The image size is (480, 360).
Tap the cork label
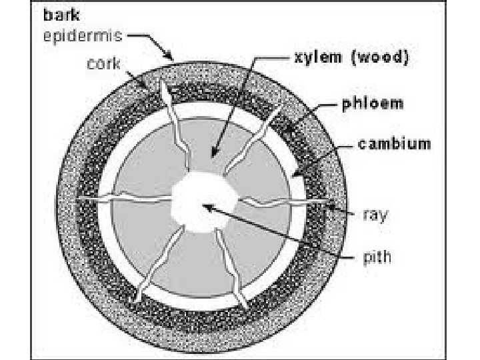point(103,64)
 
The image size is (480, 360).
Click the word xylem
point(315,58)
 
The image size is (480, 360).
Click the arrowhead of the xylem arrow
point(215,154)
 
